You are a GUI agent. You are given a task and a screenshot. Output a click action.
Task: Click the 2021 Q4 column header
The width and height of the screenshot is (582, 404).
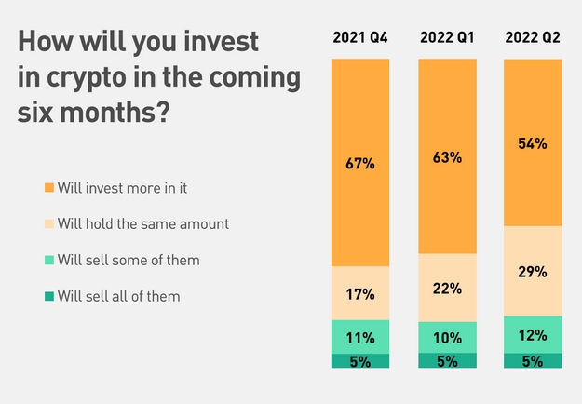click(x=360, y=37)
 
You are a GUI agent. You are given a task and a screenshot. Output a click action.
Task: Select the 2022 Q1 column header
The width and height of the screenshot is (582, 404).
click(x=447, y=37)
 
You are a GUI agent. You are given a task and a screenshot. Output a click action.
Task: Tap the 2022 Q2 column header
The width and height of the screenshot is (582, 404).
click(x=533, y=37)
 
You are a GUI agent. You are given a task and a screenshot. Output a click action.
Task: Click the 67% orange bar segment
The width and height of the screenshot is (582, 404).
click(x=360, y=163)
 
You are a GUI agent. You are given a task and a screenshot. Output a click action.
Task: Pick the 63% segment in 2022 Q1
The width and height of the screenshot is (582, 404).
click(x=447, y=156)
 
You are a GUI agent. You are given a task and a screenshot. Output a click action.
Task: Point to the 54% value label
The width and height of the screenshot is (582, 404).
click(x=533, y=143)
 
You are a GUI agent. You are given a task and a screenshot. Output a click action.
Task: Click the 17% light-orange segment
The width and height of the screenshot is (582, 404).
click(x=360, y=293)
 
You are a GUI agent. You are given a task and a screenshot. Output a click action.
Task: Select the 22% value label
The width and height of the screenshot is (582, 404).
click(x=447, y=289)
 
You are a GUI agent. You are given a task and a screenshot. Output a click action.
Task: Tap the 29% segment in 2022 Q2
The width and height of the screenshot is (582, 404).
click(x=533, y=271)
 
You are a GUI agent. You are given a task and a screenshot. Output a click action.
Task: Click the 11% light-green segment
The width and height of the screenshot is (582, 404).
click(x=360, y=337)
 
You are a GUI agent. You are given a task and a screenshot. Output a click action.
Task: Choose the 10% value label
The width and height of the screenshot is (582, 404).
click(x=447, y=338)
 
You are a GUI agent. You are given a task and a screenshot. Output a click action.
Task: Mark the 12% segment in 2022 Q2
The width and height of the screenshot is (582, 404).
click(x=533, y=335)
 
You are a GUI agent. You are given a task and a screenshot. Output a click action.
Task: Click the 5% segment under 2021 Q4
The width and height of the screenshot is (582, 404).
click(x=360, y=361)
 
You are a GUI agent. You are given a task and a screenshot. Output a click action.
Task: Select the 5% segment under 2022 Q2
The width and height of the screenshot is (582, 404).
click(x=533, y=361)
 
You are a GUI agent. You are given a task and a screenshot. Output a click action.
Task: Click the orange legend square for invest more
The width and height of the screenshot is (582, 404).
click(x=49, y=188)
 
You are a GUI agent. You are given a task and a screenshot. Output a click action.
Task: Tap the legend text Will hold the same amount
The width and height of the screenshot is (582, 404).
click(x=143, y=224)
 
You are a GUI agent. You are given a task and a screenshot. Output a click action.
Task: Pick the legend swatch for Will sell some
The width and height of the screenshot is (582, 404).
click(x=49, y=260)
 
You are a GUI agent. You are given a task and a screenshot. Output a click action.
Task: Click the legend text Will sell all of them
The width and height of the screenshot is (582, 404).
click(x=119, y=296)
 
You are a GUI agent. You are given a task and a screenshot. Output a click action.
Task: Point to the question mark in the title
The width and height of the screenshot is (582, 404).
click(x=163, y=112)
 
